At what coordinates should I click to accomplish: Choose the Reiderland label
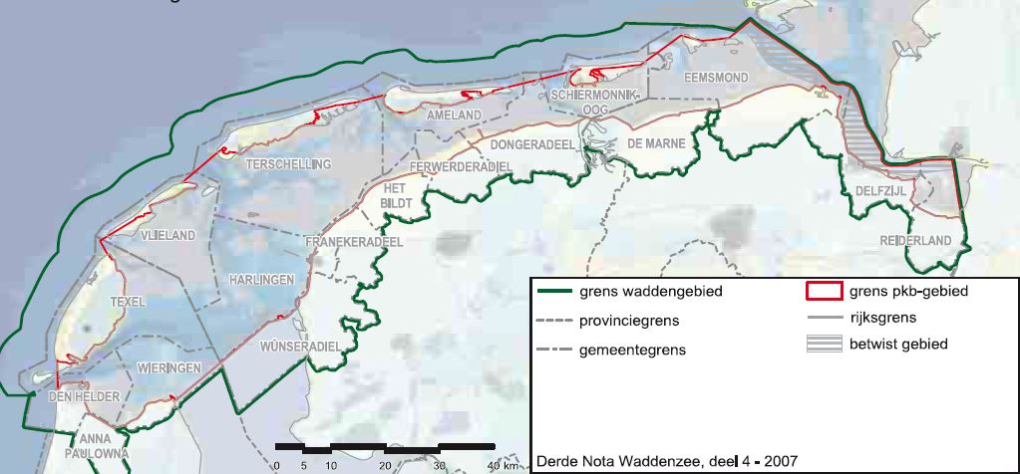click(914, 241)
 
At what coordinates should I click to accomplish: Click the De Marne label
click(656, 143)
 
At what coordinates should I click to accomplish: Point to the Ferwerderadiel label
click(460, 164)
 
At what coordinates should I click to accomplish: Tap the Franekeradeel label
click(353, 241)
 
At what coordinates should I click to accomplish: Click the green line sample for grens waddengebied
click(561, 292)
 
